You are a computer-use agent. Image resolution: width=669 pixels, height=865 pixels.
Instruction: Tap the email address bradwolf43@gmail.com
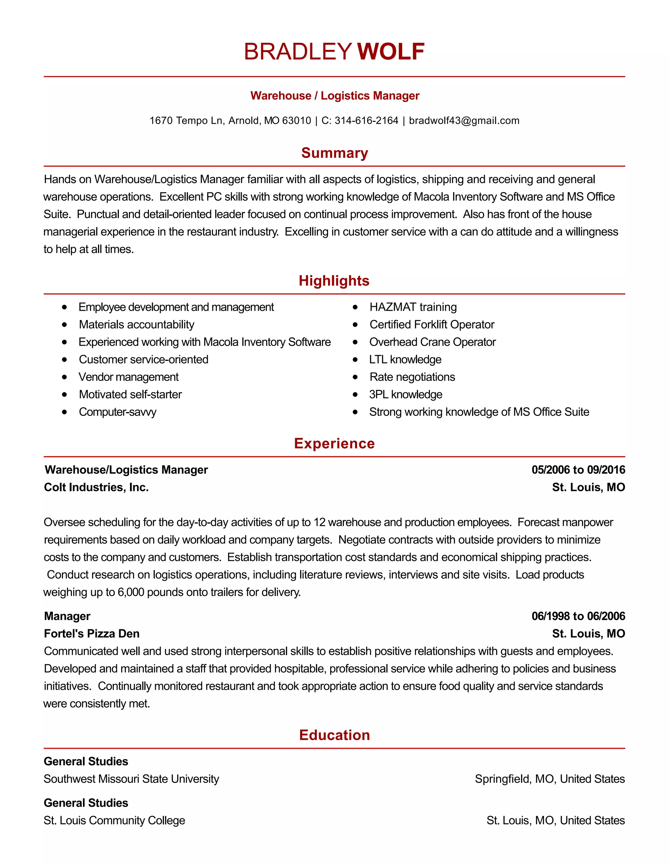click(464, 120)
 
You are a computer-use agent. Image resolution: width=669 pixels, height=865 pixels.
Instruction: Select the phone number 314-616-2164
click(366, 120)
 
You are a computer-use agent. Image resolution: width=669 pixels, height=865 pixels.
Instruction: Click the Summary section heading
click(334, 153)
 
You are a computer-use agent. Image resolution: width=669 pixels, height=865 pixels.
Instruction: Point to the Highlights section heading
click(334, 280)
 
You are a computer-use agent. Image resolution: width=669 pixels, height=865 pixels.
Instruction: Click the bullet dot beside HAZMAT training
click(355, 307)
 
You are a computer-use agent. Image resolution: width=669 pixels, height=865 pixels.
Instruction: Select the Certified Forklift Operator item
click(432, 324)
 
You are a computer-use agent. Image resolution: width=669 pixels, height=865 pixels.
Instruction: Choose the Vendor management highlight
click(128, 377)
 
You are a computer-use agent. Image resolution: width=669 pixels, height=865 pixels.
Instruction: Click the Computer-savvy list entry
click(117, 412)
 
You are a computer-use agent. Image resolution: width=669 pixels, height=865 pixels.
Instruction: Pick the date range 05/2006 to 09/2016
click(578, 470)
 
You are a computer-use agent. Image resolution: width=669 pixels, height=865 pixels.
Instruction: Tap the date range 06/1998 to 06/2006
click(578, 616)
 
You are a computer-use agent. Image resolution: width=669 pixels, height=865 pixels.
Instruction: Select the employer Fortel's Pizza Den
click(91, 633)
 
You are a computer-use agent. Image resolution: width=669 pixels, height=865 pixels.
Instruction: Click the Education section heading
click(334, 735)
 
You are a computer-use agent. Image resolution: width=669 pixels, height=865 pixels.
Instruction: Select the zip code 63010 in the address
click(297, 120)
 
